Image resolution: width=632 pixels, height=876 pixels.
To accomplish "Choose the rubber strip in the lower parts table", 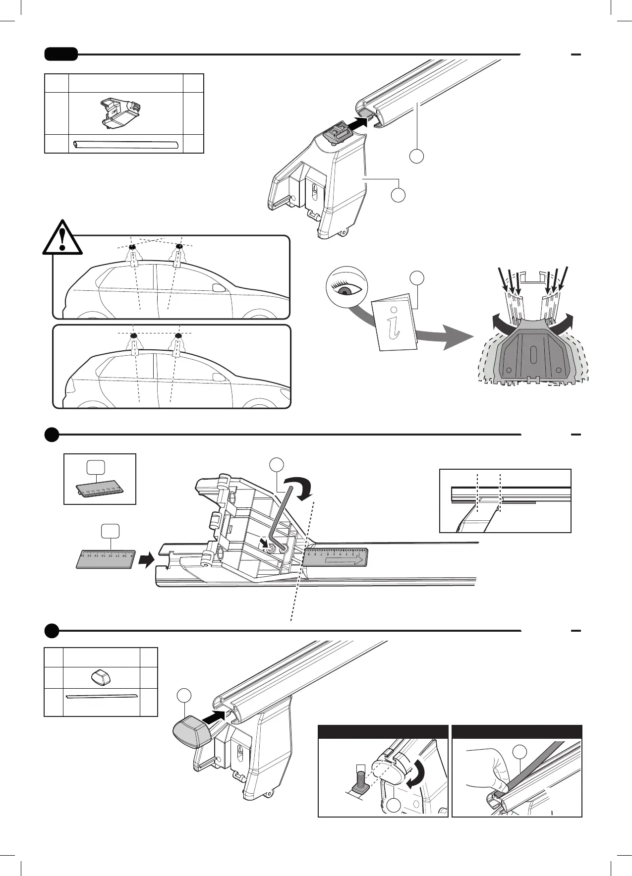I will pyautogui.click(x=101, y=697).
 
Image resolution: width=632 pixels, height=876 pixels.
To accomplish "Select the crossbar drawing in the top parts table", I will pyautogui.click(x=125, y=144).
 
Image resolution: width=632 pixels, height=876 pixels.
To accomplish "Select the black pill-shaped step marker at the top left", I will pyautogui.click(x=61, y=54).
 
